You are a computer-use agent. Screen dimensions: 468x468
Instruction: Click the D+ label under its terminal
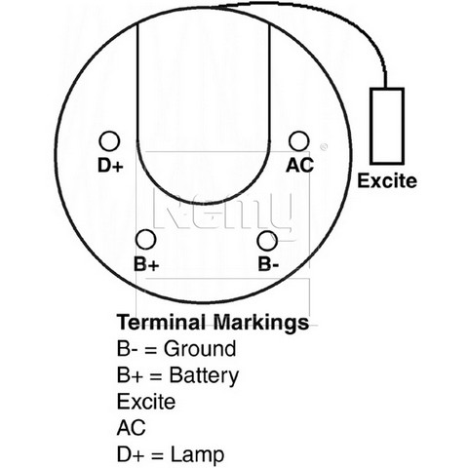pos(110,166)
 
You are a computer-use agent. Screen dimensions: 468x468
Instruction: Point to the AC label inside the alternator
pos(299,165)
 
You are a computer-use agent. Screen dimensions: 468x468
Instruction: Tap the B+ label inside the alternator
pos(146,264)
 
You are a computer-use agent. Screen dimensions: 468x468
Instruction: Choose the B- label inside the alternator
pos(268,264)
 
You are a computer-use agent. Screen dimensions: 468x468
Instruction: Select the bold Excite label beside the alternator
pos(387,180)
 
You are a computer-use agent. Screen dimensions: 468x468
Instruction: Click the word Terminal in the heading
pos(162,322)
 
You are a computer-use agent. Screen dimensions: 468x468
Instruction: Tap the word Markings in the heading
pos(261,323)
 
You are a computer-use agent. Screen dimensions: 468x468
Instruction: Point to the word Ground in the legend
pos(200,349)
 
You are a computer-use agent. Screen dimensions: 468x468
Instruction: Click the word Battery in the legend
pos(204,375)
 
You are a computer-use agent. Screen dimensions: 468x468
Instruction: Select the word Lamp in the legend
pos(197,454)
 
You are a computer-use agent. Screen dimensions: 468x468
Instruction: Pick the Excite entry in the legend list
pos(146,402)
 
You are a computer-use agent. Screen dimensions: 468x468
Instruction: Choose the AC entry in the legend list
pos(131,428)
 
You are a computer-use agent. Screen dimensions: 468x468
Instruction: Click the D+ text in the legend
pos(130,454)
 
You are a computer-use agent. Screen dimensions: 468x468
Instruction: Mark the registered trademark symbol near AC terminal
pos(324,147)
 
